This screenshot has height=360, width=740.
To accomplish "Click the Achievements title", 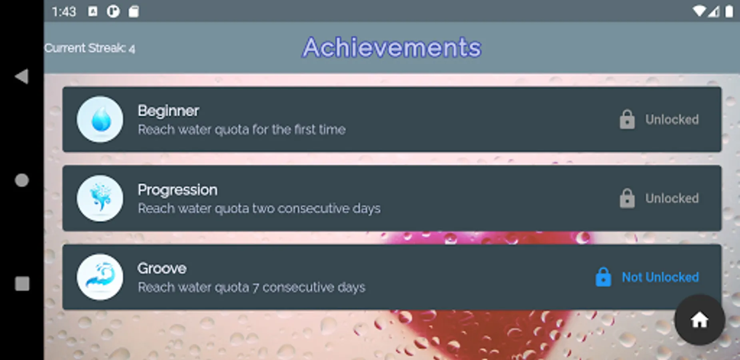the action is point(392,48).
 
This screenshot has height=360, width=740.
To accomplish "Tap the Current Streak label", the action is point(90,48).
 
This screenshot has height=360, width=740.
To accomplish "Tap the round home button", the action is point(700,320).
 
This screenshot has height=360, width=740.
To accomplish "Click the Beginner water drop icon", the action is point(100,119).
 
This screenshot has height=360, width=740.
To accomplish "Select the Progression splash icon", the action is point(100,198).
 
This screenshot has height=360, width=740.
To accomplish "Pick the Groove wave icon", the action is point(100,277).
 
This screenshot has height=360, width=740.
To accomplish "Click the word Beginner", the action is point(168,111).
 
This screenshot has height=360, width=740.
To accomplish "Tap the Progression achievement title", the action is point(178,190).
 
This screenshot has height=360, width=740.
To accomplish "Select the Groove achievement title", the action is point(162,268).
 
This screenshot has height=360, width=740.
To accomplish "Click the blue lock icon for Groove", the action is point(603,277).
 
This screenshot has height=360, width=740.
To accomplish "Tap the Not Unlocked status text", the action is point(660,277).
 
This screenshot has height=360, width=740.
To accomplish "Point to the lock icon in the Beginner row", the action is point(627,119).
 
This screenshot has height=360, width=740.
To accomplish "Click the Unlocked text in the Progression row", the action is point(672,198).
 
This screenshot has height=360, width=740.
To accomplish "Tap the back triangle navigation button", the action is point(22,76).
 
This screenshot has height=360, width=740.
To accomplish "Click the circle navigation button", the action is point(22,180).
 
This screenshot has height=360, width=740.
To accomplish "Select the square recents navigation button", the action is point(22,284).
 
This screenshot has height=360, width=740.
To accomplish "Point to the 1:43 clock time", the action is point(64,12).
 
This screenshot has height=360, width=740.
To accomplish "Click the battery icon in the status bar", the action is point(729,11).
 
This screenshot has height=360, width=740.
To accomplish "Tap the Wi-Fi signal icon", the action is point(699,11).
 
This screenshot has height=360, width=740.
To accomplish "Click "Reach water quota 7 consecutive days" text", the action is point(251,287).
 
